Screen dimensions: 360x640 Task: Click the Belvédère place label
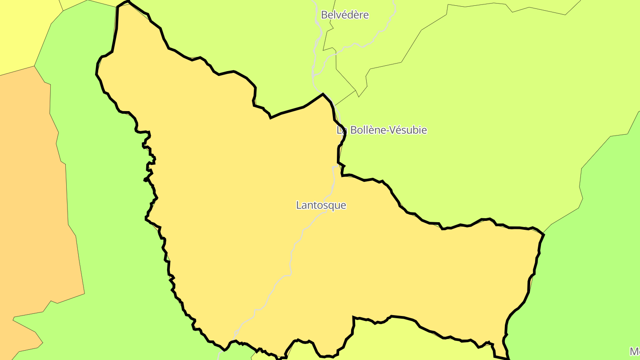[x=345, y=15]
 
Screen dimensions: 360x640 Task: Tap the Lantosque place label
[x=321, y=205]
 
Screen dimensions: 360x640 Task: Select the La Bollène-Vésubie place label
[x=382, y=130]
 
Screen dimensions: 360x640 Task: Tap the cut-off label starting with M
[x=635, y=351]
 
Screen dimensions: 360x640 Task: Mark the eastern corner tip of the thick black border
[x=544, y=234]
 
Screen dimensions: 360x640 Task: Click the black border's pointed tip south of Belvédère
[x=323, y=94]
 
